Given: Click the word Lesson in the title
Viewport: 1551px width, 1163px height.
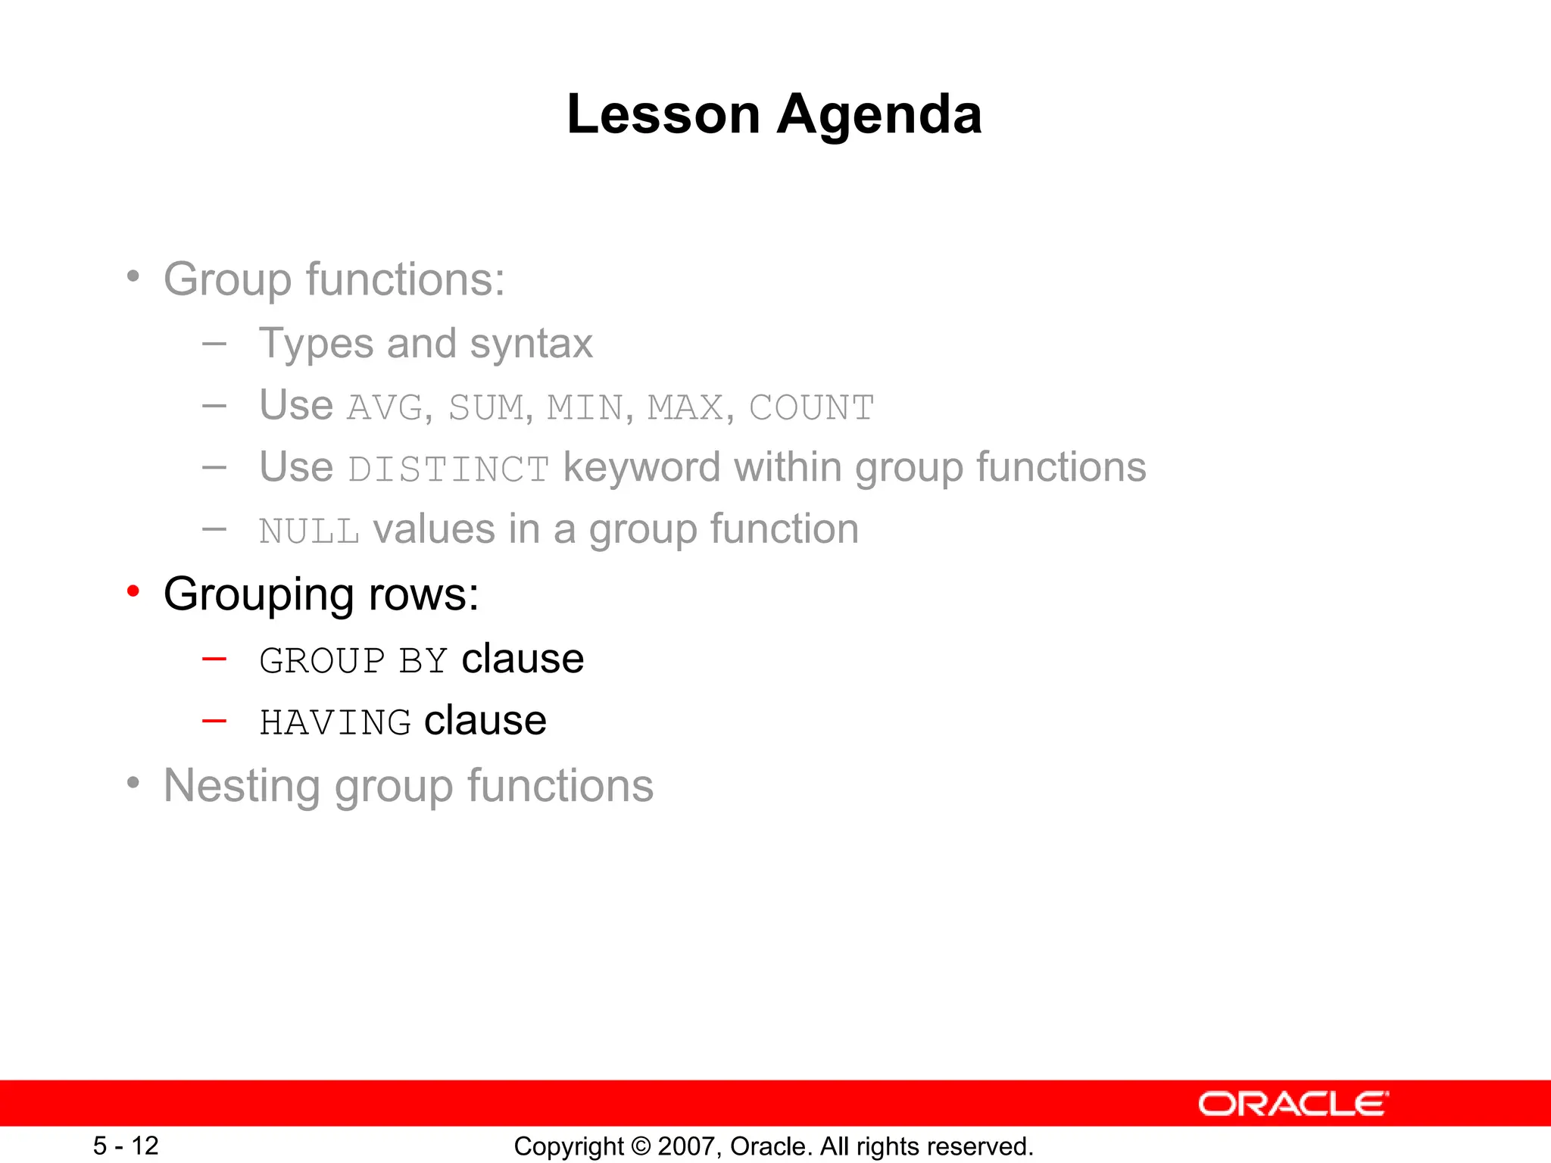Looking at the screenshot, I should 663,115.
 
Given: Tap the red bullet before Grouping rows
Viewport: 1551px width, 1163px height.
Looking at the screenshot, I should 133,591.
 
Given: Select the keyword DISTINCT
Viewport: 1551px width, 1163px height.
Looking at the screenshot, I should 448,469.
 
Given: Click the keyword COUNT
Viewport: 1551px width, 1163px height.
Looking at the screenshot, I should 811,408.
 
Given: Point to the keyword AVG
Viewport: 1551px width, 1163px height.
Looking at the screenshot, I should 385,408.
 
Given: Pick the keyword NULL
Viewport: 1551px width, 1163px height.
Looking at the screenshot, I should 309,532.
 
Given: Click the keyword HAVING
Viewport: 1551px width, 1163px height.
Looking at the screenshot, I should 335,722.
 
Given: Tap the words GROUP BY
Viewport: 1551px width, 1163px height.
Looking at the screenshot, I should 353,661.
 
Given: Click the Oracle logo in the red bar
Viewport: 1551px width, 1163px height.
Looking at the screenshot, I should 1293,1104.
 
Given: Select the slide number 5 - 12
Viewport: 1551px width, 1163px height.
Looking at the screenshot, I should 126,1146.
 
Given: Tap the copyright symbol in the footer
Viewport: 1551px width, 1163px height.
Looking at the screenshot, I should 641,1146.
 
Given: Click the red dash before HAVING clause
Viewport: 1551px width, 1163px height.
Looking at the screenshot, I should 214,721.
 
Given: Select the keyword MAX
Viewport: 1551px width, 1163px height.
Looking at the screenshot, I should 685,408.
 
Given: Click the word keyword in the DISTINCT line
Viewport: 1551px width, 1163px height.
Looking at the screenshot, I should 641,468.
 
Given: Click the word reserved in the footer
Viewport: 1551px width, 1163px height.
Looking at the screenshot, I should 990,1146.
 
